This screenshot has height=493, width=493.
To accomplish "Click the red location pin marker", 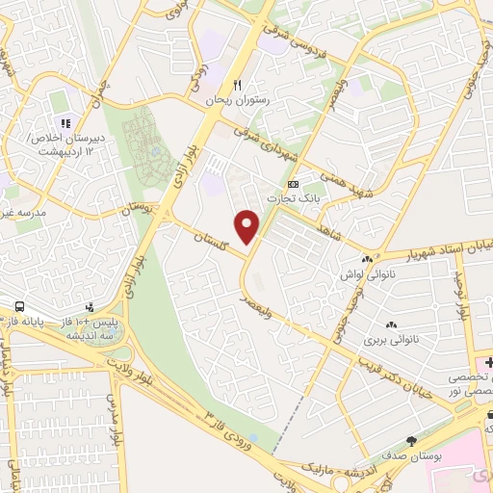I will click(x=248, y=225).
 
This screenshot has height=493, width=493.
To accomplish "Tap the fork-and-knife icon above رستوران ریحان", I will click(x=225, y=84).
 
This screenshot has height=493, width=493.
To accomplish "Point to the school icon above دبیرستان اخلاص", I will click(x=65, y=122).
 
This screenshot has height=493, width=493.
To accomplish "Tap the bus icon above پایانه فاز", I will click(x=19, y=307).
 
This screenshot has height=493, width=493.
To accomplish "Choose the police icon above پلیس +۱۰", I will click(x=91, y=307).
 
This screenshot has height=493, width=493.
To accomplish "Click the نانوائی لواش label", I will click(x=361, y=274).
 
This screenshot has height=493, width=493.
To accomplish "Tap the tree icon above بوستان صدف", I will click(x=412, y=441).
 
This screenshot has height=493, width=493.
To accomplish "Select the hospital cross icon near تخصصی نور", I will click(x=488, y=362).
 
